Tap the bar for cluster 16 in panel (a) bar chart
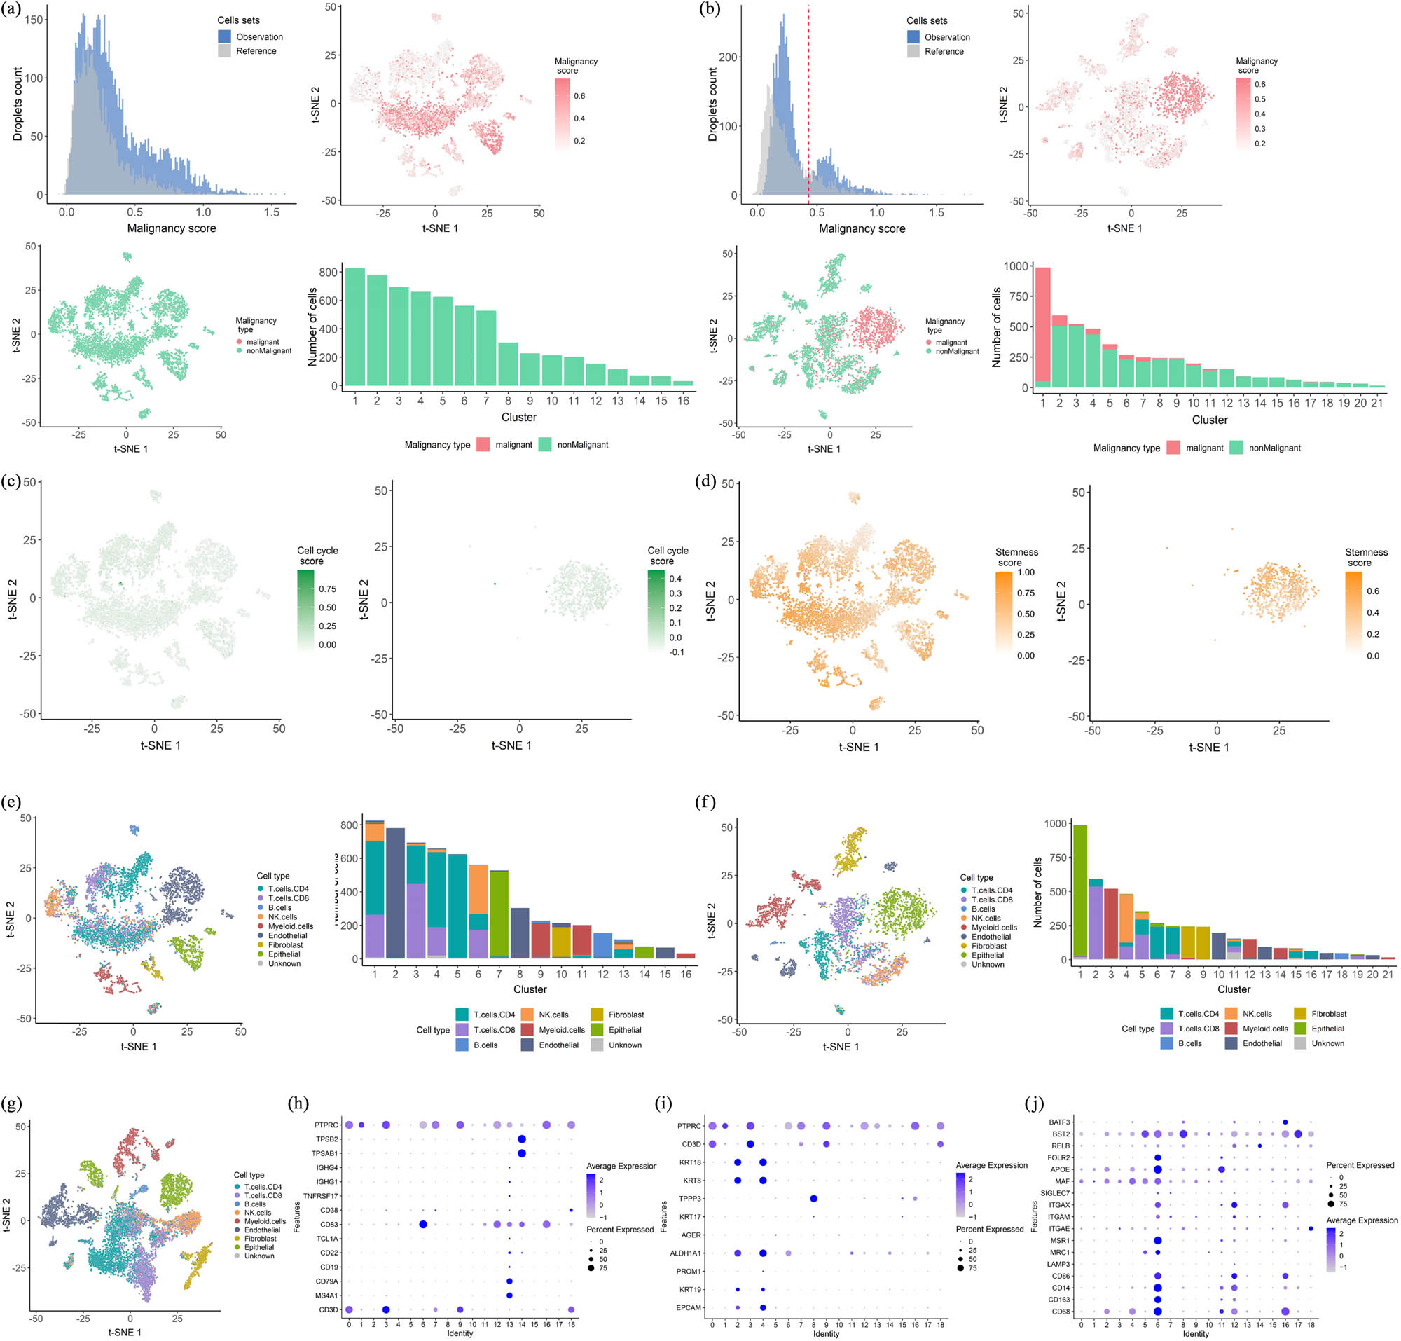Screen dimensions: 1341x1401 coord(684,383)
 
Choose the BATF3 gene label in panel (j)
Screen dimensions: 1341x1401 coord(1059,1123)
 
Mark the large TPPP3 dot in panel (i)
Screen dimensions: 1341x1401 coord(813,1199)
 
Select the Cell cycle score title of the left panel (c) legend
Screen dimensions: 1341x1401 coord(317,556)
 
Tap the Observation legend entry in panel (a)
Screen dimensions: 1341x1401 coord(258,37)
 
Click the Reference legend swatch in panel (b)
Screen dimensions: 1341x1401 coord(913,51)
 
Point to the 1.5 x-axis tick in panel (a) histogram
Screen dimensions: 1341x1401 coord(272,212)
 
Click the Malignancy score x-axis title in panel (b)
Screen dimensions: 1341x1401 coord(862,228)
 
